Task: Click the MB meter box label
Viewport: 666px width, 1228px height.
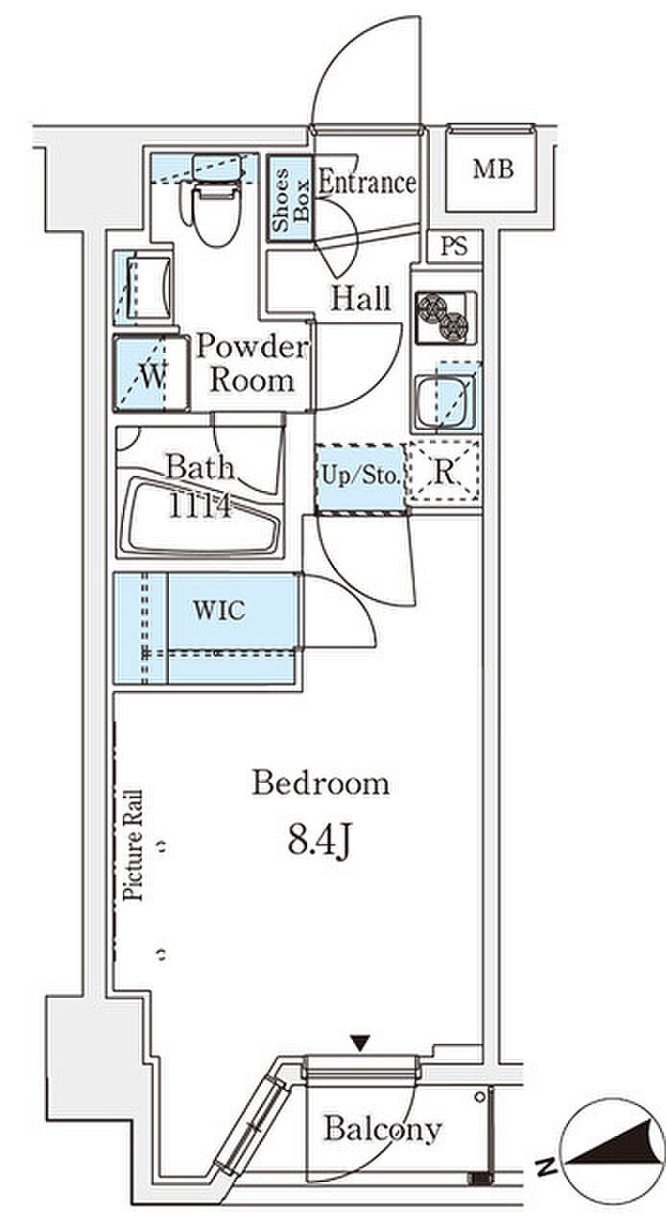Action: pos(492,170)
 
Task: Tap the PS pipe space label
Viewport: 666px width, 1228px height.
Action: pos(454,247)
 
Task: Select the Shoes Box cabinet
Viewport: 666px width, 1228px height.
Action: pos(290,199)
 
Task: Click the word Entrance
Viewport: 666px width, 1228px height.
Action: pos(367,182)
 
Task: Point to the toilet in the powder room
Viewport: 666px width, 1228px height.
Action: pos(216,204)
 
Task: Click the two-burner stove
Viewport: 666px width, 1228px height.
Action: pos(445,318)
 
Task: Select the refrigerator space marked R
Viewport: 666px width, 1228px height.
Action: pos(443,471)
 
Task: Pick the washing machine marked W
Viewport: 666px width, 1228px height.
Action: pos(151,374)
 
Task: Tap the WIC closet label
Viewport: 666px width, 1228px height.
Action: pos(219,610)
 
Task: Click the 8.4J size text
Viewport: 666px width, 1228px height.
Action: pos(320,842)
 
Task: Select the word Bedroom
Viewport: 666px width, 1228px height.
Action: pos(321,784)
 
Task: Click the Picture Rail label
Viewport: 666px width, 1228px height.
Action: pos(132,845)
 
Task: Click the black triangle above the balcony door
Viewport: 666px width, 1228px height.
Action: pos(360,1042)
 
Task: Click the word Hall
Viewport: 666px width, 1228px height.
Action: pos(361,298)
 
